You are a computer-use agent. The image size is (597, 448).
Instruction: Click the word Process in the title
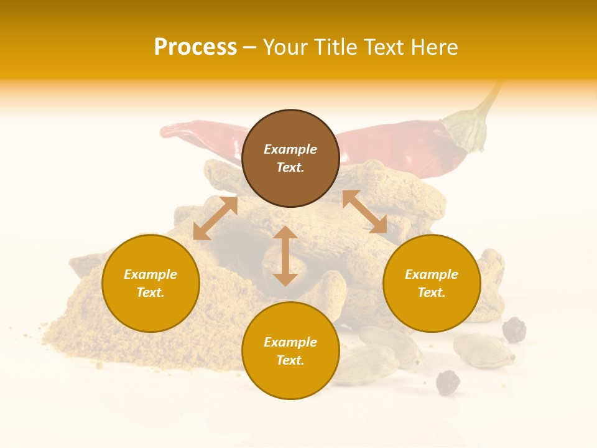pyautogui.click(x=195, y=47)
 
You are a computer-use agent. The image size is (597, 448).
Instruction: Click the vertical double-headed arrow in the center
pyautogui.click(x=285, y=256)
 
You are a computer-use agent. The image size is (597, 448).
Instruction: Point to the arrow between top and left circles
pyautogui.click(x=215, y=218)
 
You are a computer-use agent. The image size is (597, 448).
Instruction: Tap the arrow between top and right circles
pyautogui.click(x=364, y=212)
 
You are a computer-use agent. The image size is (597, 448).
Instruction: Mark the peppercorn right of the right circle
pyautogui.click(x=514, y=330)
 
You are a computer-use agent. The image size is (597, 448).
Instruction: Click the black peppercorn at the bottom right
pyautogui.click(x=447, y=382)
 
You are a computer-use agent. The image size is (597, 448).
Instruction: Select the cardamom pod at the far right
pyautogui.click(x=484, y=350)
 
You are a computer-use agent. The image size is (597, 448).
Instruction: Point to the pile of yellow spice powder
pyautogui.click(x=81, y=324)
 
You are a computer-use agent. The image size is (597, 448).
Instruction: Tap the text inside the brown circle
pyautogui.click(x=290, y=158)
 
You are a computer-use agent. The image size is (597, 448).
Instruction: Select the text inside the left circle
pyautogui.click(x=150, y=283)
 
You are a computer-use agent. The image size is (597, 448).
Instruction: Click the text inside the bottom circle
pyautogui.click(x=290, y=351)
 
